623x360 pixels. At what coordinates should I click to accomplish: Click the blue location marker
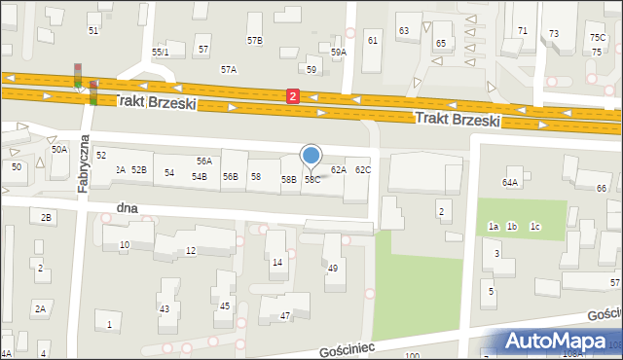click(x=311, y=156)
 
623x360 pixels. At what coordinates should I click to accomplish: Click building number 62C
click(x=363, y=170)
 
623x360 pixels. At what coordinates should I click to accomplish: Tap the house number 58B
click(x=289, y=180)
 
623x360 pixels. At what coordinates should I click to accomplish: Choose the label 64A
click(x=510, y=182)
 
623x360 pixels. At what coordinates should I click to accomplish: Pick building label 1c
click(x=534, y=227)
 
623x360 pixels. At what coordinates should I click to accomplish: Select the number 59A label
click(x=339, y=53)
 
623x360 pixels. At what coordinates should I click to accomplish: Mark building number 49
click(x=332, y=268)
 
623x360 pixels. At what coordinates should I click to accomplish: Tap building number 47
click(x=286, y=316)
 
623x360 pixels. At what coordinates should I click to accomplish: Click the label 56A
click(x=204, y=162)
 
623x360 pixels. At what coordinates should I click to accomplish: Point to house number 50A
click(x=59, y=150)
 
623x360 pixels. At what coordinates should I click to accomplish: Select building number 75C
click(x=597, y=37)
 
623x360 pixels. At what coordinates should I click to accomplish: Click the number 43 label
click(x=165, y=309)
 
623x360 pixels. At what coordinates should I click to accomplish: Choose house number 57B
click(x=255, y=41)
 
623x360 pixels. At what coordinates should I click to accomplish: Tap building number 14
click(x=277, y=263)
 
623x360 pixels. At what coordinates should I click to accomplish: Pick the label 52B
click(x=139, y=170)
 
